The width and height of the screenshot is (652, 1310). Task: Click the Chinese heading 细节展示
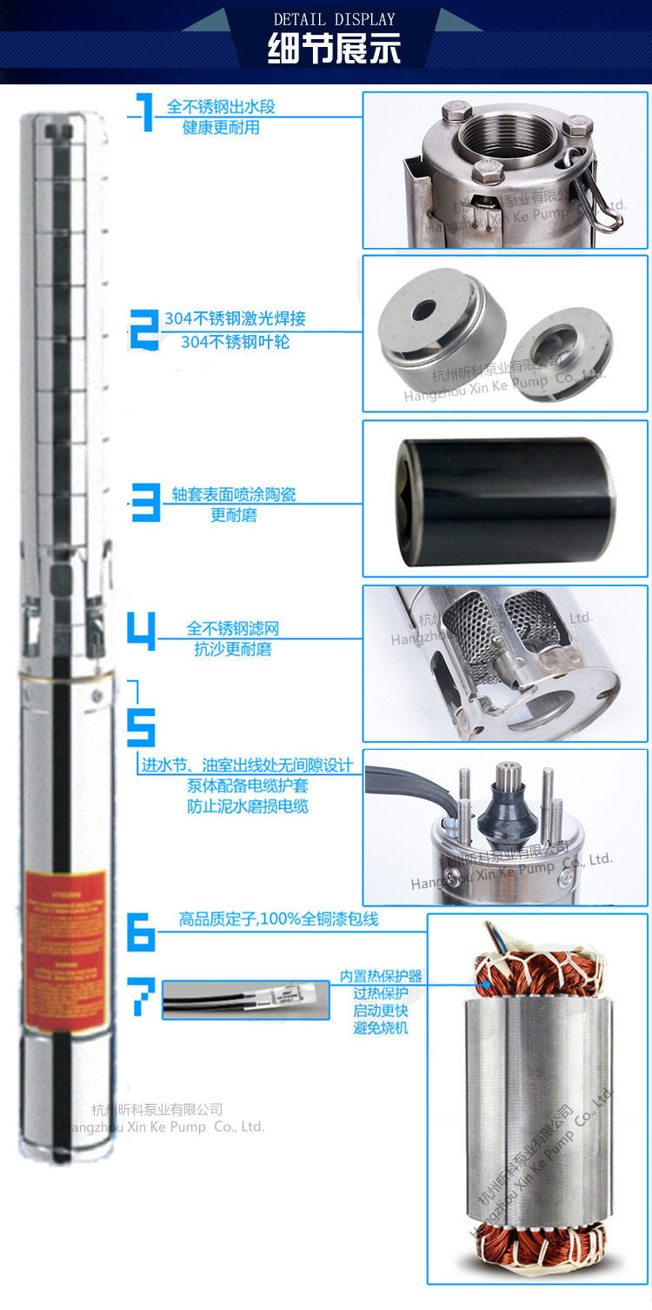pos(334,49)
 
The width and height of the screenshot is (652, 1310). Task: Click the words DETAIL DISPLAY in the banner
pos(334,18)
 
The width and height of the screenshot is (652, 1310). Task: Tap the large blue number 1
pos(144,113)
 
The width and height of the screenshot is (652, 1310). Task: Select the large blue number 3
pos(144,504)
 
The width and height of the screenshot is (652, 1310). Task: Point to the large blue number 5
pos(142,725)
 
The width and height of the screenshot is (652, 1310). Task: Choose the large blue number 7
pos(143,998)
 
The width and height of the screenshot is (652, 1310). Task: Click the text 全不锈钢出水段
pos(221,107)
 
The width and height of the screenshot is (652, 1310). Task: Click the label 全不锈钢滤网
pos(232,628)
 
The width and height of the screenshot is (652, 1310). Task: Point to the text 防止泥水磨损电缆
pos(248,806)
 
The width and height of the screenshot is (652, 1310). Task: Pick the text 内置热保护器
pos(381,976)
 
